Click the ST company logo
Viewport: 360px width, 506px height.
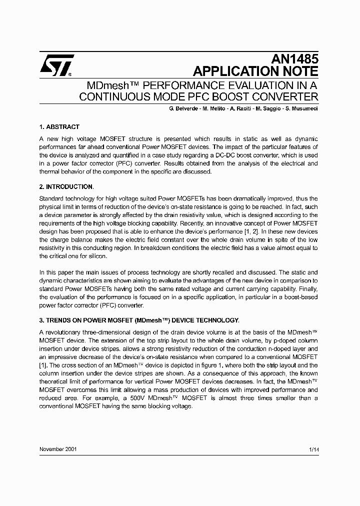pyautogui.click(x=57, y=65)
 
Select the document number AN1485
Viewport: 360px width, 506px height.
pyautogui.click(x=295, y=59)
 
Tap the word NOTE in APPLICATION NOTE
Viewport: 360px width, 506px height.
pyautogui.click(x=299, y=71)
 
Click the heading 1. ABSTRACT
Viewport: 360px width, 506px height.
pyautogui.click(x=59, y=127)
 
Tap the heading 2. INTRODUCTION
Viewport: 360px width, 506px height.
pyautogui.click(x=66, y=187)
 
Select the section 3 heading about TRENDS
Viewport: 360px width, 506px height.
pyautogui.click(x=139, y=320)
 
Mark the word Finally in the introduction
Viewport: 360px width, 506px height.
pyautogui.click(x=306, y=289)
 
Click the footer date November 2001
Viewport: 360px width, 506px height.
pyautogui.click(x=58, y=449)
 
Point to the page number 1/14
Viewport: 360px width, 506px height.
pyautogui.click(x=313, y=449)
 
